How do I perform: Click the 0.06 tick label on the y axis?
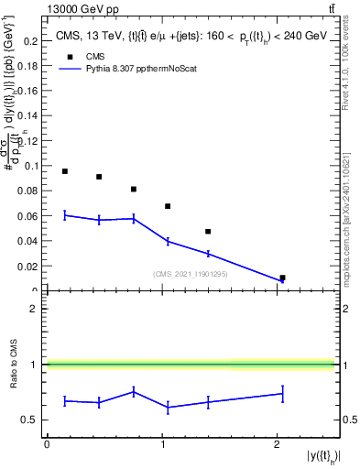30,216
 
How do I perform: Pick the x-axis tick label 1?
161,443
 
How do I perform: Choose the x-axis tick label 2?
277,443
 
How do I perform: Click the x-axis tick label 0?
47,443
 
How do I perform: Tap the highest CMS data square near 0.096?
65,171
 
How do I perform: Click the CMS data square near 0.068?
168,206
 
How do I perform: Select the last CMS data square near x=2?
282,278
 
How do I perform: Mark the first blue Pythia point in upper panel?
65,215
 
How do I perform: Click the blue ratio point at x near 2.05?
282,394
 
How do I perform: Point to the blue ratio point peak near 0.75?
134,391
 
